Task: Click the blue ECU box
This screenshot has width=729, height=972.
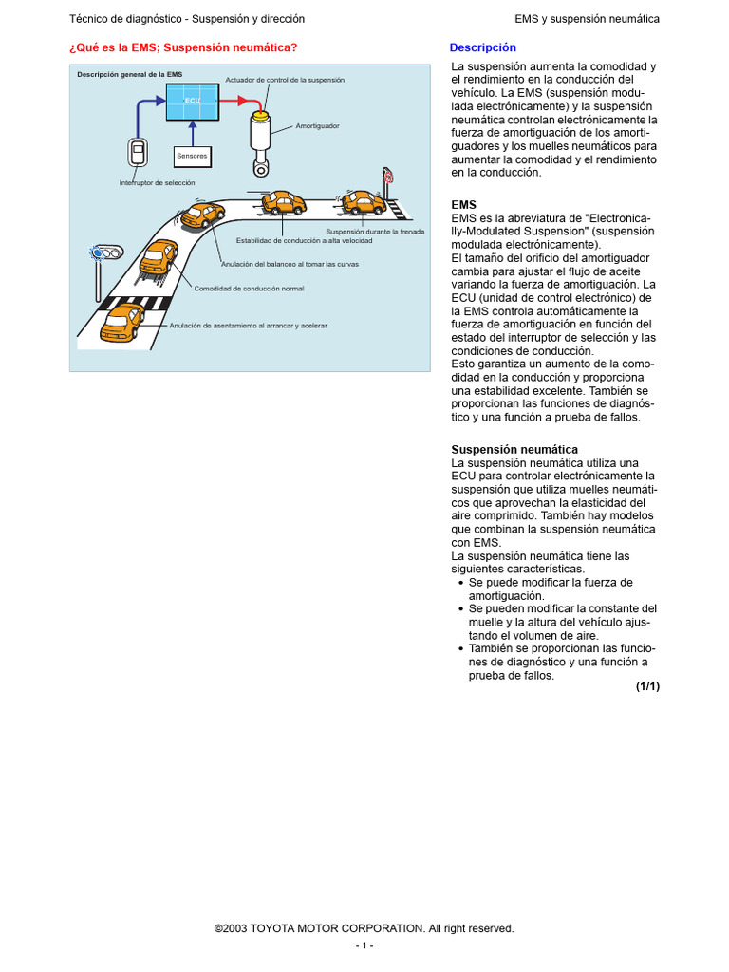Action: (x=193, y=101)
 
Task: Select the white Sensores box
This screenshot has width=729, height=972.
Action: (x=192, y=155)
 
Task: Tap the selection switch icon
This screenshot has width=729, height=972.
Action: (x=139, y=155)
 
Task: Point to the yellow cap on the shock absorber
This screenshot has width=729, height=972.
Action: (x=258, y=115)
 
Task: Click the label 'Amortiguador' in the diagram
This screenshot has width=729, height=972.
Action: (x=317, y=125)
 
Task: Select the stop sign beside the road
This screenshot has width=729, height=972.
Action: (x=387, y=177)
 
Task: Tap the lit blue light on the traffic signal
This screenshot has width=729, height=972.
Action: (x=97, y=252)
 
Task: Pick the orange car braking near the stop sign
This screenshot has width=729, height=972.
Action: (x=363, y=202)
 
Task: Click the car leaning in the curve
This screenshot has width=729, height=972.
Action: (x=202, y=215)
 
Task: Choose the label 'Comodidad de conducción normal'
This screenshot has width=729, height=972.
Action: (x=250, y=288)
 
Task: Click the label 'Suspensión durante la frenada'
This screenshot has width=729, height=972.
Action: (x=375, y=232)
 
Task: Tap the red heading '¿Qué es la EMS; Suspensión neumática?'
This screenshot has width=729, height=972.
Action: (x=183, y=47)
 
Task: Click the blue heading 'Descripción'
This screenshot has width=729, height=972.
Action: (x=483, y=47)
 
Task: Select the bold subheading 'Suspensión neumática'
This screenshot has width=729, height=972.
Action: (x=514, y=449)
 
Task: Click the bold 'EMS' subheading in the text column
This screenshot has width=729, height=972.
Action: (x=464, y=204)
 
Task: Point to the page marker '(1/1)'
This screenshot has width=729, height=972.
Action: (x=647, y=686)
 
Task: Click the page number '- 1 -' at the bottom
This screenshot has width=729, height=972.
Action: (x=364, y=946)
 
